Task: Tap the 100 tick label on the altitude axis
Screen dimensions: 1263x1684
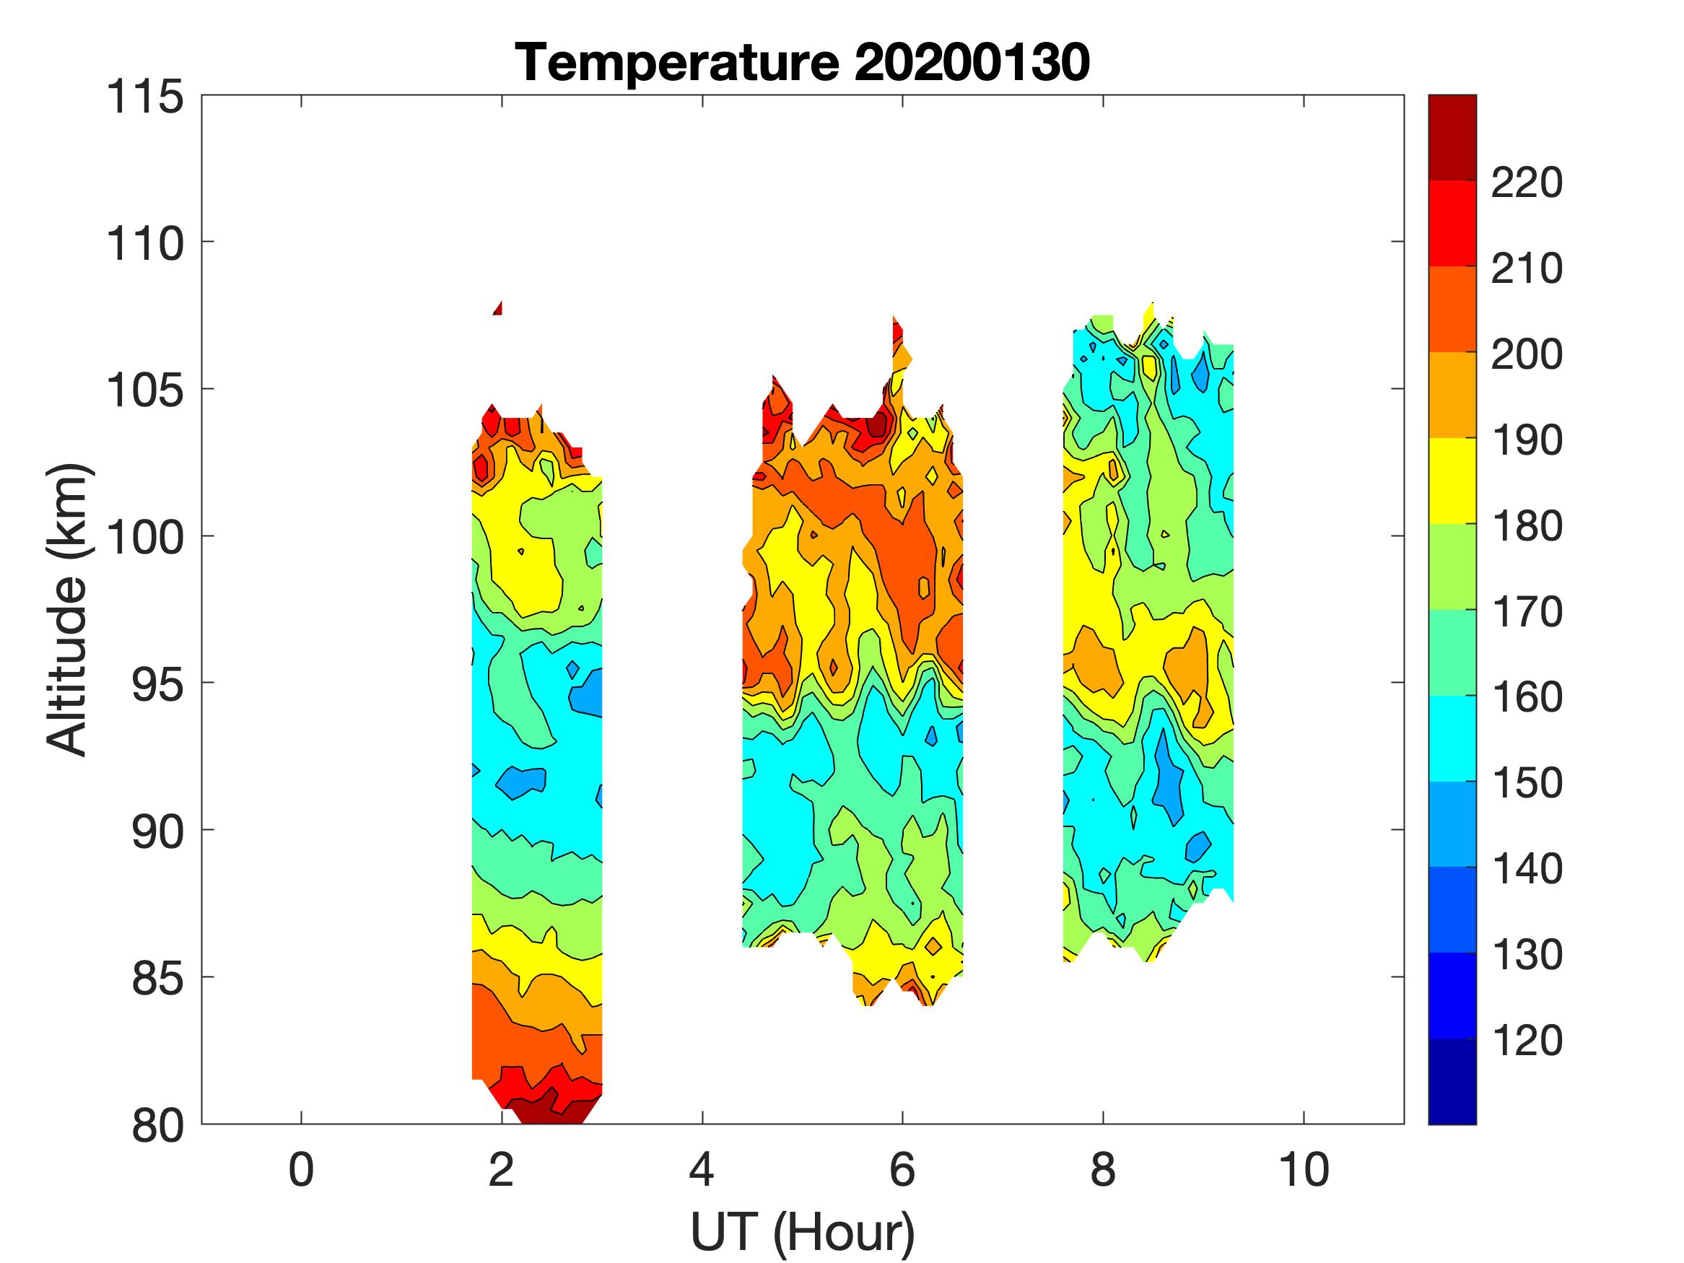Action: click(x=145, y=538)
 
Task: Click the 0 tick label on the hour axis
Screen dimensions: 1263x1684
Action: click(x=302, y=1170)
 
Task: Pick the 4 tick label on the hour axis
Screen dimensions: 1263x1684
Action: click(x=702, y=1170)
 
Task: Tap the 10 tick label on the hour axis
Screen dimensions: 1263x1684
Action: click(x=1304, y=1170)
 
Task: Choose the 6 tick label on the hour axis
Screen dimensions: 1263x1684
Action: click(x=902, y=1170)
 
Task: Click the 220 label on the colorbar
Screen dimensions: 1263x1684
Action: click(x=1527, y=183)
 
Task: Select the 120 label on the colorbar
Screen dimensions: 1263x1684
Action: click(x=1527, y=1040)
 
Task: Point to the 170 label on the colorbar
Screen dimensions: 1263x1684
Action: click(x=1527, y=611)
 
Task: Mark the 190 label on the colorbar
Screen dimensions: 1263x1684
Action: click(x=1527, y=440)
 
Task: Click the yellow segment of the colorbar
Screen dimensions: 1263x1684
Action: click(x=1452, y=481)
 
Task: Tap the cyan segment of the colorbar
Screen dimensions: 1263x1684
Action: click(x=1452, y=738)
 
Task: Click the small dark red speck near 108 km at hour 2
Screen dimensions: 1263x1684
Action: click(x=498, y=308)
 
